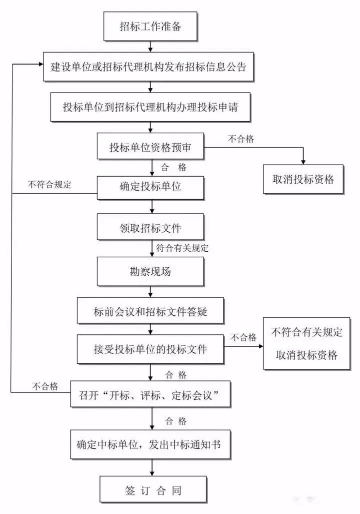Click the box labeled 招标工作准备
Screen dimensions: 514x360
coord(150,27)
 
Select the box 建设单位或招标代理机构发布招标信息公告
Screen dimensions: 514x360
coord(148,67)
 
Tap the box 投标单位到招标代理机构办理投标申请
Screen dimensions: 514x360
coord(150,107)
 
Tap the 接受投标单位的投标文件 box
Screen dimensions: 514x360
coord(150,349)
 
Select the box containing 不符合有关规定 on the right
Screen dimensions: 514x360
coord(306,344)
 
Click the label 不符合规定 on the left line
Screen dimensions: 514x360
coord(49,184)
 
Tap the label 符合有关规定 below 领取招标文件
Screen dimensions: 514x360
coord(182,248)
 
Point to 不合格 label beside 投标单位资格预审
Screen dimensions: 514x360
coord(241,139)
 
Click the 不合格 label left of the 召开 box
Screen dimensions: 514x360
coord(45,386)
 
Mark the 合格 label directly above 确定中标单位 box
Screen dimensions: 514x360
coord(175,421)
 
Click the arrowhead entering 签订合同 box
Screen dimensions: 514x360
coord(150,472)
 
